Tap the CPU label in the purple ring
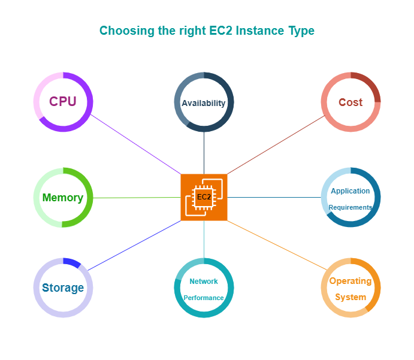click(63, 102)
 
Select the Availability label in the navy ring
click(204, 103)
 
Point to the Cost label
click(350, 102)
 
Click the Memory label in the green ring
click(63, 198)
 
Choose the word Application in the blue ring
click(350, 191)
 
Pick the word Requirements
click(350, 207)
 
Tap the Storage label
click(63, 288)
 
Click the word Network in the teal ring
click(204, 281)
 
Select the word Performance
click(204, 298)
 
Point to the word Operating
click(350, 281)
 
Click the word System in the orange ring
click(350, 297)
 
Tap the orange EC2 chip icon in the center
click(204, 197)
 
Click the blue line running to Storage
click(135, 245)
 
